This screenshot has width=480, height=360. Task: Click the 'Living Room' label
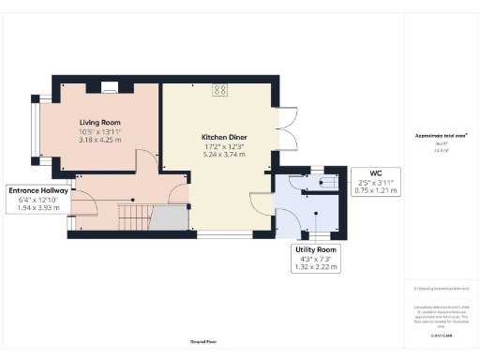click(x=98, y=120)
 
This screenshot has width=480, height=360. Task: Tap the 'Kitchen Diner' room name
click(x=224, y=136)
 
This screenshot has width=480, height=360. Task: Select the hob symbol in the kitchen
click(x=220, y=90)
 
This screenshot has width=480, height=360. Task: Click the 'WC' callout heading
click(x=377, y=172)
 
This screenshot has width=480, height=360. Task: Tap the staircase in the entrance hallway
click(x=132, y=218)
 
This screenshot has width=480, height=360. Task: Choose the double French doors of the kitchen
click(x=285, y=130)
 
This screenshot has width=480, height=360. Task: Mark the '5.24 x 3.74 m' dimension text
click(x=224, y=155)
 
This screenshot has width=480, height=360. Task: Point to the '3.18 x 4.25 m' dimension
click(x=98, y=139)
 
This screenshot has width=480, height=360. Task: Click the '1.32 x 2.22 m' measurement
click(x=315, y=266)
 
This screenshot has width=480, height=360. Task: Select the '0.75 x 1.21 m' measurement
click(x=377, y=190)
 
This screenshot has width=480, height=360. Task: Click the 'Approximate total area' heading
click(x=441, y=135)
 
